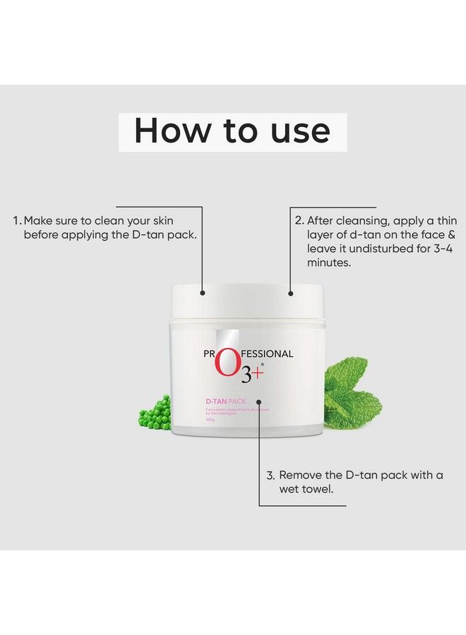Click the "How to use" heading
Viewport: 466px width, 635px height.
(232, 131)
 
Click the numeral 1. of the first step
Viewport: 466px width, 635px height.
(17, 220)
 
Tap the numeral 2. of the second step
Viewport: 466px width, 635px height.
(299, 220)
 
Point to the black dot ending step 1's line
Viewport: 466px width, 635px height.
(202, 291)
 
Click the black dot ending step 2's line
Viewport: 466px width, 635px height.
(290, 291)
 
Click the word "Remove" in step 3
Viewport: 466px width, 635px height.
(302, 475)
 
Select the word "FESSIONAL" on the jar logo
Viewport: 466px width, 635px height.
(267, 354)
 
